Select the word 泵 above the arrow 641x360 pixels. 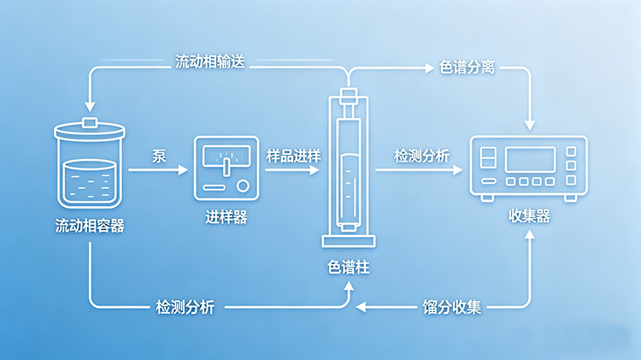(158, 156)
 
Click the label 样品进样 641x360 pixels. (293, 156)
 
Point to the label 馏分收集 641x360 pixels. (453, 306)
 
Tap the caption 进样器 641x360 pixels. (226, 217)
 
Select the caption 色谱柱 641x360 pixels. (349, 267)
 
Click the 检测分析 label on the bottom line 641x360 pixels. (185, 306)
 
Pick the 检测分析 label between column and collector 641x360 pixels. (421, 156)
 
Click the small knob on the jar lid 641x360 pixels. (90, 123)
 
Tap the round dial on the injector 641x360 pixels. (244, 186)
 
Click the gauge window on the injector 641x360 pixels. (226, 157)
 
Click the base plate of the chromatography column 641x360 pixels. (348, 237)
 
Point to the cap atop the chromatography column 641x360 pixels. (348, 94)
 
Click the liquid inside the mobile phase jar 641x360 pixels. (90, 183)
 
